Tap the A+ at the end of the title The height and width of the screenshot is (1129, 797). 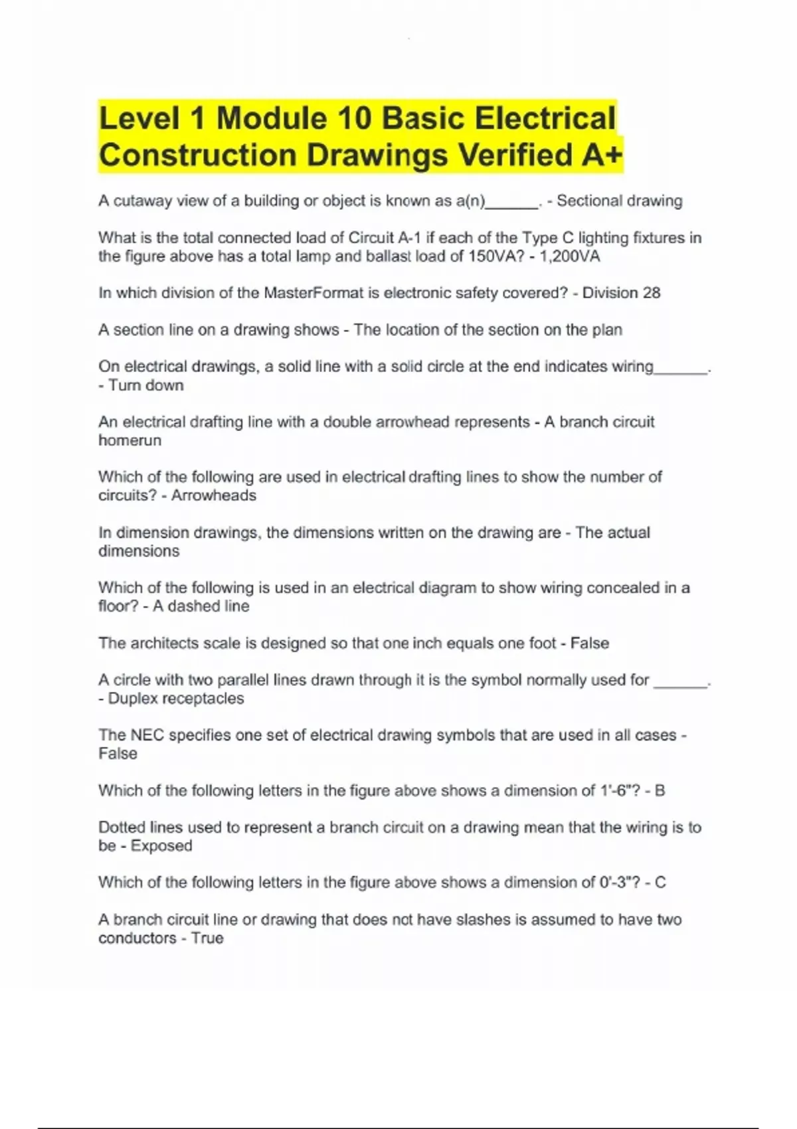[602, 155]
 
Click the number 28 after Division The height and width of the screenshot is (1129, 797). [651, 293]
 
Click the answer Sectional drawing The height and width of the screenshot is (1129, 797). [619, 201]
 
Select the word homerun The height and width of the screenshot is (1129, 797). [130, 440]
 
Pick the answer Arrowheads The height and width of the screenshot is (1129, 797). [213, 495]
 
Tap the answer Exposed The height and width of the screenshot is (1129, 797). [161, 846]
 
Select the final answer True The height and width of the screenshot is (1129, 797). [207, 938]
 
